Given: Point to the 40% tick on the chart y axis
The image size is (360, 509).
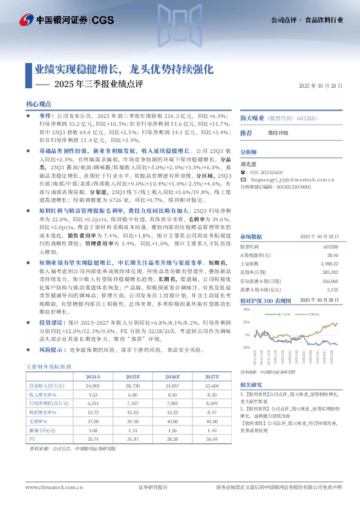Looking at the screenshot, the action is point(246,309).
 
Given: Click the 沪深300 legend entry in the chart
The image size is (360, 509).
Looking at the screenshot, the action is point(313,315).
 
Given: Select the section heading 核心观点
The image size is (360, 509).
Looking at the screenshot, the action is point(39,104).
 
